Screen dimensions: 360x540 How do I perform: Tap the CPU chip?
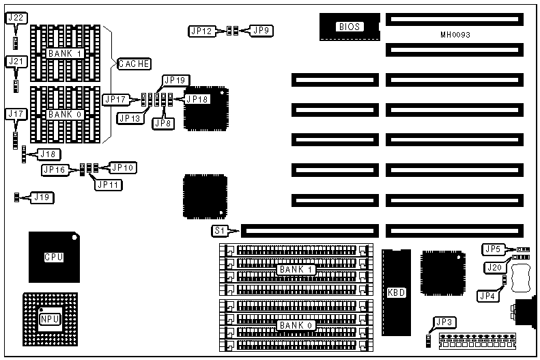(53, 257)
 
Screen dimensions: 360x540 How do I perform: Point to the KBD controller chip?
(395, 293)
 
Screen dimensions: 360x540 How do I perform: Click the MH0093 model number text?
(455, 34)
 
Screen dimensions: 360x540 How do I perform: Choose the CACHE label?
(134, 64)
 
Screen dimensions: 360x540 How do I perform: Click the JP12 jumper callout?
(201, 31)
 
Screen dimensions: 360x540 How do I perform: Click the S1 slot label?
(221, 231)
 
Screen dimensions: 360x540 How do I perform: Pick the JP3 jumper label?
(445, 322)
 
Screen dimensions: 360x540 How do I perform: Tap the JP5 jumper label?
(493, 249)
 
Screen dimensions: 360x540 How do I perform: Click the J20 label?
(493, 266)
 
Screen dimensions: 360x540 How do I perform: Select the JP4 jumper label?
(486, 296)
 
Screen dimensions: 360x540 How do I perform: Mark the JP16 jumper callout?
(55, 170)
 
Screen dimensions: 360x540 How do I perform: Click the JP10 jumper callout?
(123, 167)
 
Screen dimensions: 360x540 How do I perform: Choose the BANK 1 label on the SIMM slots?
(296, 270)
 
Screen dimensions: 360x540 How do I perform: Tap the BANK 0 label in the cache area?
(66, 114)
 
